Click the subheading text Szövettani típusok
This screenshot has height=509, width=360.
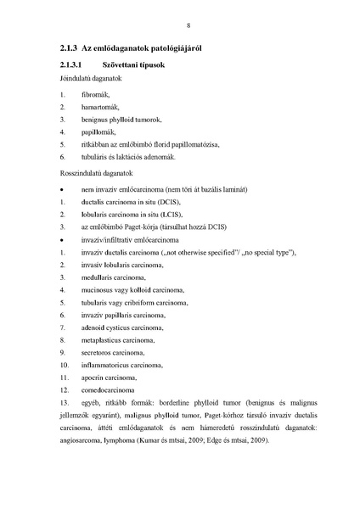[x=133, y=65]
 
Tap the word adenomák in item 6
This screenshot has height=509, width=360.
[x=157, y=158]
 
